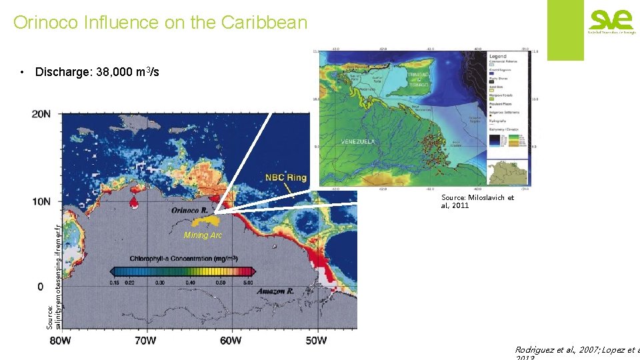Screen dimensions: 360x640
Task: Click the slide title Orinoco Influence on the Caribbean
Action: tap(160, 23)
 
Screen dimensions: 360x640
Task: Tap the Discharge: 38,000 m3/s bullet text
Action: tap(97, 72)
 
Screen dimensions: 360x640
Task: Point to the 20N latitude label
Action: tap(41, 114)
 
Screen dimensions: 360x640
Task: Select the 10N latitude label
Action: tap(41, 201)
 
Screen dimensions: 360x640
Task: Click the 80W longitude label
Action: tap(60, 341)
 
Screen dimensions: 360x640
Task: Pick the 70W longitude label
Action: tap(145, 341)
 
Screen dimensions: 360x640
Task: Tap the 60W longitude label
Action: tap(231, 341)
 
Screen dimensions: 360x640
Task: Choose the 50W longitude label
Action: tap(316, 341)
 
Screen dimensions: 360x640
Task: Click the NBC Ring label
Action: tap(285, 178)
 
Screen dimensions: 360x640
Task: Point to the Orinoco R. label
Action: tap(189, 209)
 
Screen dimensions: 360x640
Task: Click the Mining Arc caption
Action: tap(203, 235)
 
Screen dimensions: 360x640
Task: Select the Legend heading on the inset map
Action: tap(497, 56)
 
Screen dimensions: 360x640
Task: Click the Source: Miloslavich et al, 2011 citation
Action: tap(477, 201)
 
